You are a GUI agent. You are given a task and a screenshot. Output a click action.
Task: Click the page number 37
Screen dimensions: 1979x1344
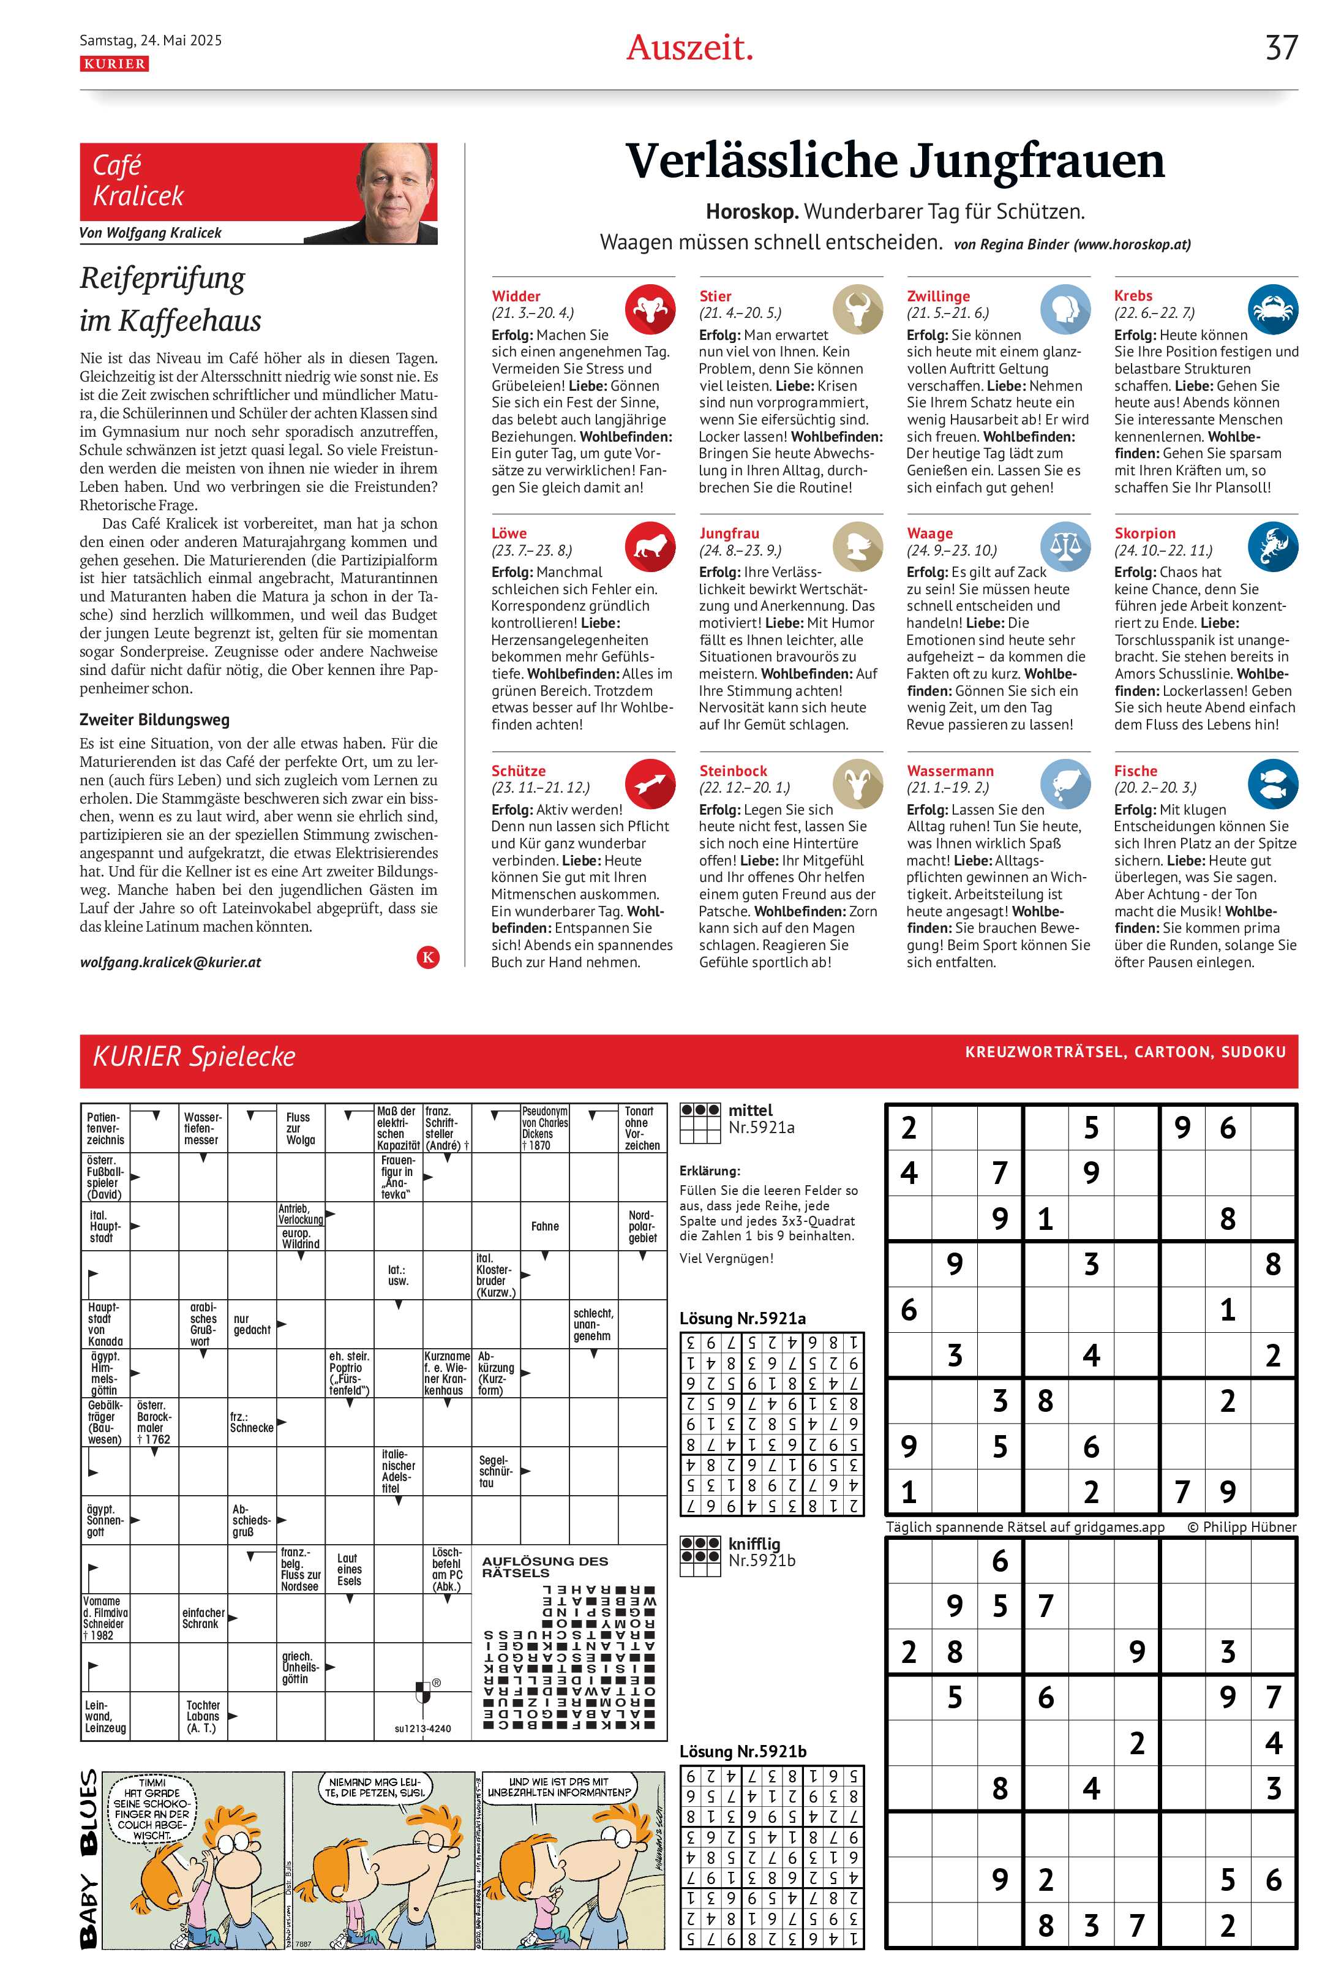(x=1280, y=48)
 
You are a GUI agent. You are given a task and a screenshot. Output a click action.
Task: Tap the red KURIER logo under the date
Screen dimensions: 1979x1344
(x=114, y=64)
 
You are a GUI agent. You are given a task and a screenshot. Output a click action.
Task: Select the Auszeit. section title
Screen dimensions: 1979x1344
(x=689, y=48)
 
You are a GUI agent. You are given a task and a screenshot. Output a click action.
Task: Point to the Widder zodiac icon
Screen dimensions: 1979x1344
(x=650, y=308)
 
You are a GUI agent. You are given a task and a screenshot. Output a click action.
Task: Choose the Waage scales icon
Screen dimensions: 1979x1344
(x=1065, y=546)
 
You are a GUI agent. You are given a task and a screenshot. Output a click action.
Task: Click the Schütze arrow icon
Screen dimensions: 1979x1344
(x=650, y=783)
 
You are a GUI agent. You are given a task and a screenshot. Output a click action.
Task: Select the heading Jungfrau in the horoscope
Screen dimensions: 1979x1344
(x=729, y=533)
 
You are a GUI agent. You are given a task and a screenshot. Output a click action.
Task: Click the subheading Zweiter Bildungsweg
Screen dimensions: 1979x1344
(x=154, y=720)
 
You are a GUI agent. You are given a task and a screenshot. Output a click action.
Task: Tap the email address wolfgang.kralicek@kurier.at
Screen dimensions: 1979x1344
(x=170, y=962)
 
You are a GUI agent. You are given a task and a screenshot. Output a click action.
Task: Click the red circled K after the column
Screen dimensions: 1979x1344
(x=428, y=957)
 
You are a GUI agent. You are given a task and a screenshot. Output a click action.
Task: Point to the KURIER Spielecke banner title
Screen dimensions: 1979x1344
(x=194, y=1057)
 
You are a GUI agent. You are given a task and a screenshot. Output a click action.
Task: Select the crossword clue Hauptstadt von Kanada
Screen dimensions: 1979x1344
(x=105, y=1324)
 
